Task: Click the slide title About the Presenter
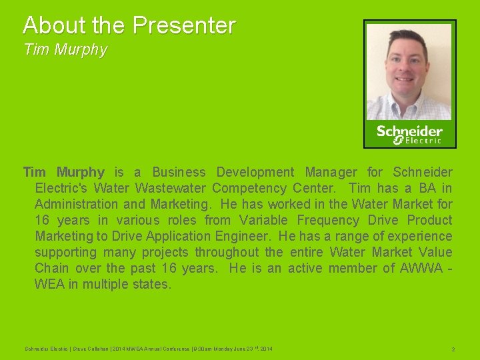(x=129, y=25)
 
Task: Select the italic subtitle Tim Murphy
(x=65, y=50)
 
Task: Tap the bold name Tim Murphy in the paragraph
(x=64, y=173)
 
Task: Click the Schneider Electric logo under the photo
(x=409, y=134)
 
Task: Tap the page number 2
(x=453, y=349)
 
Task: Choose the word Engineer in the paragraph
(x=241, y=237)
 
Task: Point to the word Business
(x=179, y=173)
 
